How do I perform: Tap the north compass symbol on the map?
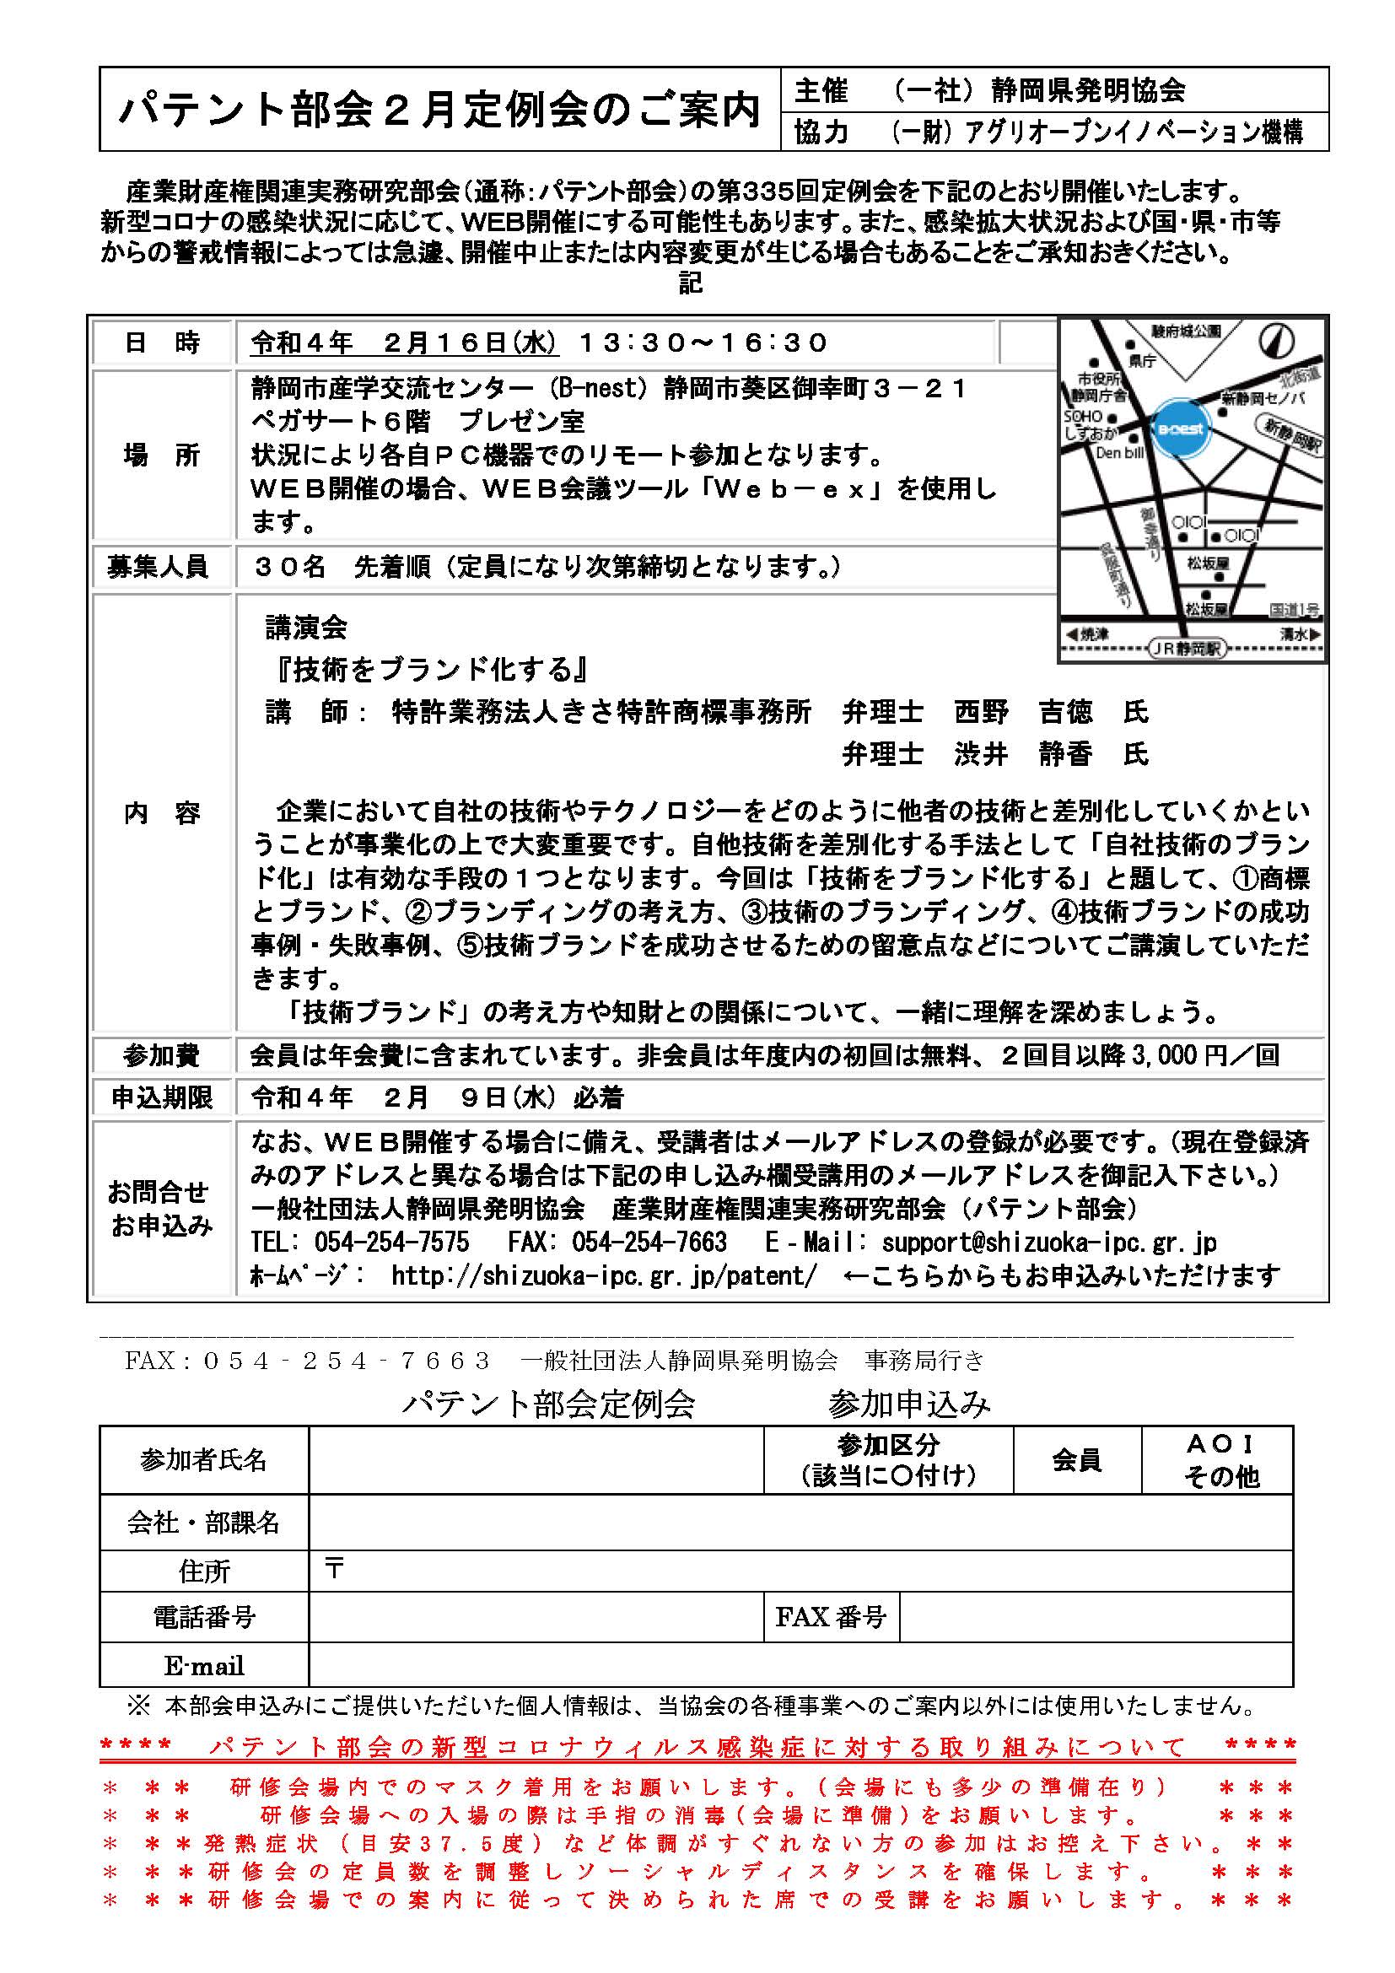pyautogui.click(x=1276, y=340)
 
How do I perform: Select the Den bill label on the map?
pyautogui.click(x=1119, y=453)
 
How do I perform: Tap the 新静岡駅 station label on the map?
pyautogui.click(x=1292, y=434)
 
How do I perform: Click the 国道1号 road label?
pyautogui.click(x=1294, y=610)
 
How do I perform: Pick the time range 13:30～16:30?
pyautogui.click(x=703, y=342)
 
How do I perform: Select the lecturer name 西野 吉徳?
pyautogui.click(x=1023, y=712)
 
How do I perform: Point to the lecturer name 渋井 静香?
pyautogui.click(x=1023, y=753)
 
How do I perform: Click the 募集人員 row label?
pyautogui.click(x=160, y=567)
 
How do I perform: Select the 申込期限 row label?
pyautogui.click(x=160, y=1097)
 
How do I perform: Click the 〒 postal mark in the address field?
pyautogui.click(x=334, y=1569)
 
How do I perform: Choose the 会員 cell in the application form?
pyautogui.click(x=1076, y=1460)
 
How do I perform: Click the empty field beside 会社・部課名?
pyautogui.click(x=799, y=1523)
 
